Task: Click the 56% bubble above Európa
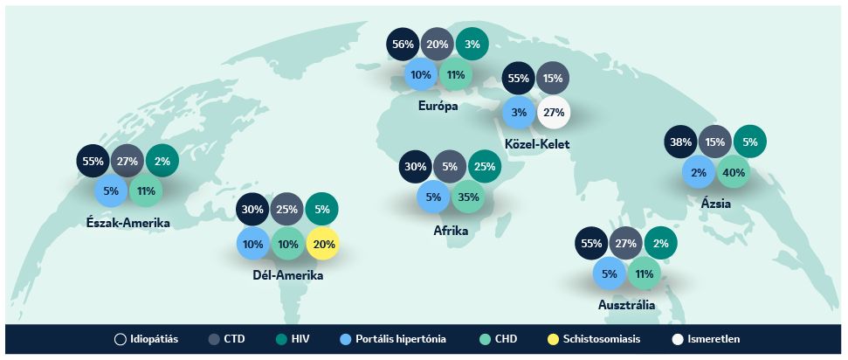[403, 44]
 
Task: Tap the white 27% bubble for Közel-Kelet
[554, 112]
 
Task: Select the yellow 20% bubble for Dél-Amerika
[322, 244]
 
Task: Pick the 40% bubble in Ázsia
[734, 173]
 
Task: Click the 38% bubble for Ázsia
[681, 142]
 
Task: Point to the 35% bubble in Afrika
[468, 197]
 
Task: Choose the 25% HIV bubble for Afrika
[485, 166]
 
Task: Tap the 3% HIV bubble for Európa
[472, 44]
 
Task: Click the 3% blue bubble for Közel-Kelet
[519, 112]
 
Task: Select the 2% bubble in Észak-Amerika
[162, 161]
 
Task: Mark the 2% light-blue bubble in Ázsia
[698, 173]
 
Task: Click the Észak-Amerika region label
[128, 223]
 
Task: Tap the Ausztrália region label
[626, 305]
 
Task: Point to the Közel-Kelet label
[537, 144]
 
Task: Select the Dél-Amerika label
[288, 275]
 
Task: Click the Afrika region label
[451, 231]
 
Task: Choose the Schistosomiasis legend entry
[594, 339]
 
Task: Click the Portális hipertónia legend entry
[393, 339]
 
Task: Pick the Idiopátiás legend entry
[146, 339]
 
